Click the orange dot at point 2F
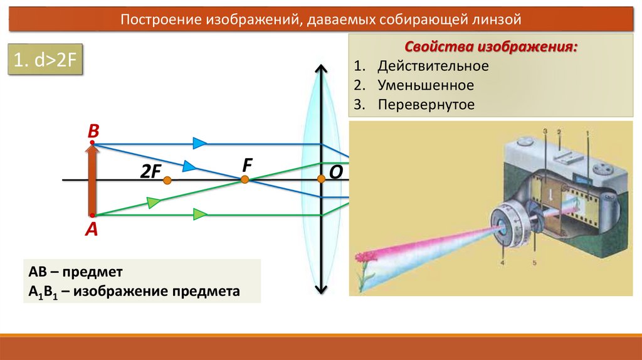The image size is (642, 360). (x=167, y=181)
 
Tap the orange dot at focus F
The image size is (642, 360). (x=245, y=179)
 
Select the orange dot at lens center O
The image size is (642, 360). (x=321, y=179)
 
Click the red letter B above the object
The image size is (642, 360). (x=93, y=131)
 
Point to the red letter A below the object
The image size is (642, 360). (x=92, y=230)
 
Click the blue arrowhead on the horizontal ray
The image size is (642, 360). (x=199, y=144)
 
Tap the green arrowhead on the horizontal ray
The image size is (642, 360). (x=199, y=214)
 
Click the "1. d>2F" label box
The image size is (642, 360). (x=46, y=61)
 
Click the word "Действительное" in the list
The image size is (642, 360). (x=433, y=66)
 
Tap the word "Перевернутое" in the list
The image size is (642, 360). (x=426, y=105)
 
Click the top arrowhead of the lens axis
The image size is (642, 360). (x=321, y=68)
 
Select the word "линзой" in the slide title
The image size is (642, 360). (x=497, y=19)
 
